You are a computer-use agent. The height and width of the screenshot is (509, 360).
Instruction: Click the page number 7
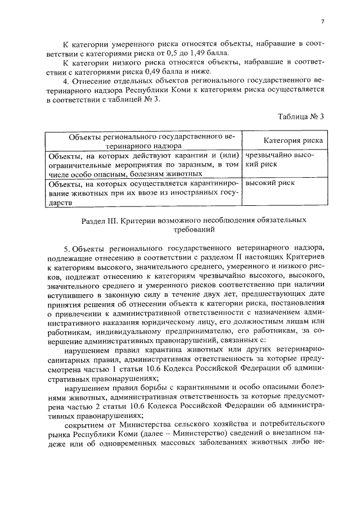[x=322, y=21]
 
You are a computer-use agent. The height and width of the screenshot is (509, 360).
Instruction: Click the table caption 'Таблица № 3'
[x=301, y=117]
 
